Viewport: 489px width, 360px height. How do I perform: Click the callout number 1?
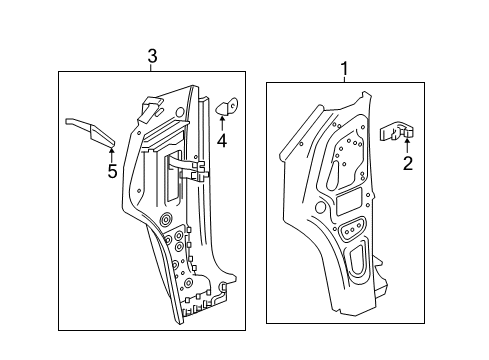pyautogui.click(x=345, y=69)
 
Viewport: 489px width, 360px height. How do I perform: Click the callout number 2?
pyautogui.click(x=406, y=163)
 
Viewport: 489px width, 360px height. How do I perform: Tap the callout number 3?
pyautogui.click(x=152, y=57)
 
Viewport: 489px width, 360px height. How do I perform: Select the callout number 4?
pyautogui.click(x=221, y=141)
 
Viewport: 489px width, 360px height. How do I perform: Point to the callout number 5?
pyautogui.click(x=112, y=171)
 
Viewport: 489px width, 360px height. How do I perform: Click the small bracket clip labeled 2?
pyautogui.click(x=401, y=131)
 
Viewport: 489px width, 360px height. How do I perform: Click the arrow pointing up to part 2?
pyautogui.click(x=406, y=147)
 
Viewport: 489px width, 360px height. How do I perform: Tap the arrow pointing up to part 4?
pyautogui.click(x=222, y=124)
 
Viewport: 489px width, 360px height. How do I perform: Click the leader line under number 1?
pyautogui.click(x=345, y=81)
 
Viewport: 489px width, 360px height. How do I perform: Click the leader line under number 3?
pyautogui.click(x=152, y=68)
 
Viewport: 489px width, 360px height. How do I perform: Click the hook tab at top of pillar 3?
pyautogui.click(x=150, y=103)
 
